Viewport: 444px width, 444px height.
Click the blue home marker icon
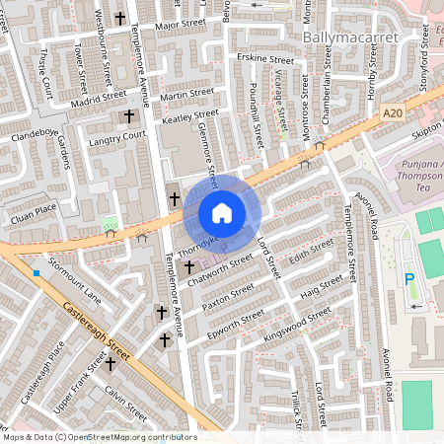tap(222, 213)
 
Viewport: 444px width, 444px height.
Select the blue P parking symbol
tap(410, 280)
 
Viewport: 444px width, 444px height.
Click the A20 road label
tap(393, 113)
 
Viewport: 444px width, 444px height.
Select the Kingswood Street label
tap(298, 327)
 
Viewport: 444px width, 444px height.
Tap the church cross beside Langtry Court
tap(128, 117)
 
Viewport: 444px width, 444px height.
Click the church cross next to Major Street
tap(120, 18)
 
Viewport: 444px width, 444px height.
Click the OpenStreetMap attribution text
tap(100, 436)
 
